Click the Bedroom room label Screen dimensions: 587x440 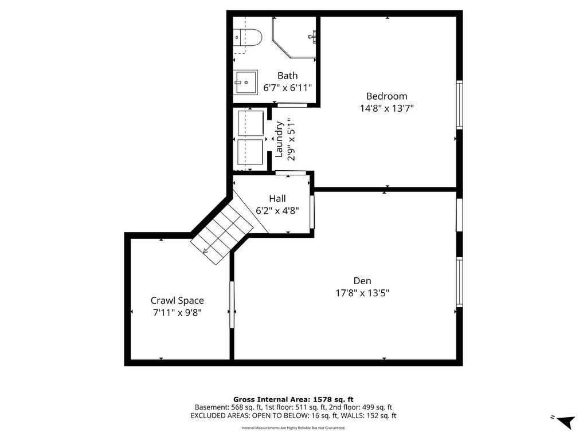386,96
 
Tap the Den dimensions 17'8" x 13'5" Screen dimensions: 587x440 362,293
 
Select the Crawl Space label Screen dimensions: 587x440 177,300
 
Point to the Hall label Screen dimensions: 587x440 277,198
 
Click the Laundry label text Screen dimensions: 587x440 279,139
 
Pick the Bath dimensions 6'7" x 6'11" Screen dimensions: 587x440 288,88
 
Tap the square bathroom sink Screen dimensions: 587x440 245,82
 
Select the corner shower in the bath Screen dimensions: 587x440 294,37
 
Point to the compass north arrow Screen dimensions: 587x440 565,421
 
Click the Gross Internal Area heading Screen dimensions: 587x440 293,399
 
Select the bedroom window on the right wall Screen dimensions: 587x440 459,105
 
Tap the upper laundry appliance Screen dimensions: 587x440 251,123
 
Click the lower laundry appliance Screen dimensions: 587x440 251,152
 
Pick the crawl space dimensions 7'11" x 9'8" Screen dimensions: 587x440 177,312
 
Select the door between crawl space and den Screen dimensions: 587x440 232,305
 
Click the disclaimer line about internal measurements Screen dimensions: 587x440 293,427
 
